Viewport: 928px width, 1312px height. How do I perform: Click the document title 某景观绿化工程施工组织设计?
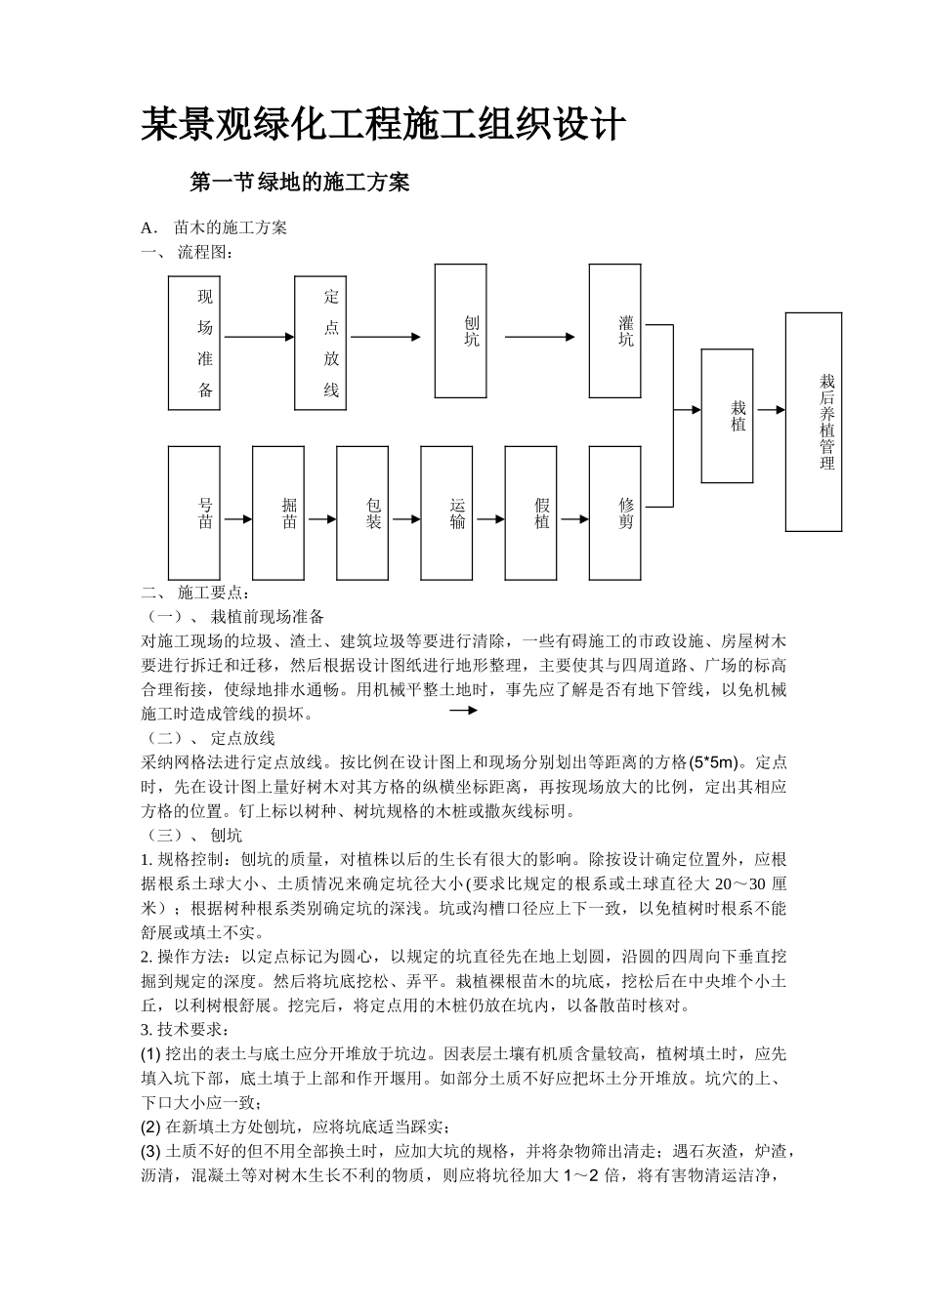click(382, 125)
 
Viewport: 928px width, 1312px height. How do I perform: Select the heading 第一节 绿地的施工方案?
click(299, 183)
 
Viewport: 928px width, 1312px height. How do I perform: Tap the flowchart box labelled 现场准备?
click(194, 343)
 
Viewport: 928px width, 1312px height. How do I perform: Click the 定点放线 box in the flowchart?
click(320, 343)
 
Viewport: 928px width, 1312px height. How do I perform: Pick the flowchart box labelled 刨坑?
click(460, 331)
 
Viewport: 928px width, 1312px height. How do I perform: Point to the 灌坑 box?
click(614, 331)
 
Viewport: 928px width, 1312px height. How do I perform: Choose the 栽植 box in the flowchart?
click(727, 416)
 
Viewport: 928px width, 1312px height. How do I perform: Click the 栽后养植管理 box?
click(814, 422)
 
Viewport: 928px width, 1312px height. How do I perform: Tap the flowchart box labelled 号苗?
click(193, 513)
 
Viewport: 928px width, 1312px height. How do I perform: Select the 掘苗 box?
click(277, 513)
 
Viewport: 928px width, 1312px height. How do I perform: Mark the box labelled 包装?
click(361, 513)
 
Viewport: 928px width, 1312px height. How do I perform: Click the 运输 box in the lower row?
click(445, 513)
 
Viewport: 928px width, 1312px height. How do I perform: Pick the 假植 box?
click(529, 513)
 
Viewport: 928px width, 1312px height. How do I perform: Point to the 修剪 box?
click(614, 513)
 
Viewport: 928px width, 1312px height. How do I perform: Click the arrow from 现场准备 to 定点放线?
click(259, 338)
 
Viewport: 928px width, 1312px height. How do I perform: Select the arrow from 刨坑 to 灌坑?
click(539, 338)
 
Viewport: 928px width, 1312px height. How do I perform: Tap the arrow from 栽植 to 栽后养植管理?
click(770, 411)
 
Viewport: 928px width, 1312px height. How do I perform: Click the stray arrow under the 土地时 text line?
click(462, 711)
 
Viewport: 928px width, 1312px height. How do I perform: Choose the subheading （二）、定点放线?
click(210, 738)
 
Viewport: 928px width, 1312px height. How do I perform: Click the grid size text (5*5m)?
click(716, 762)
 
